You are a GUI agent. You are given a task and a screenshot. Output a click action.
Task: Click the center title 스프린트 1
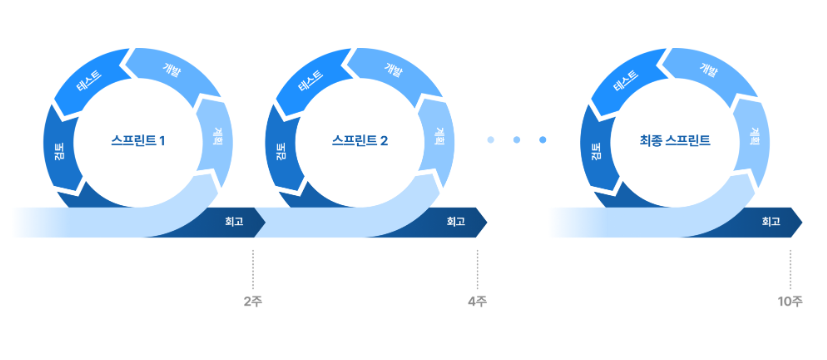(138, 141)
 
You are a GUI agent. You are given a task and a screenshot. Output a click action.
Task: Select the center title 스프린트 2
(360, 141)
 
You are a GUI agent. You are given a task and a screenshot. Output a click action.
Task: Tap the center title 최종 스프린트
(675, 141)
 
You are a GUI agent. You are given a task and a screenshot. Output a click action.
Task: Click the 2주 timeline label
(253, 302)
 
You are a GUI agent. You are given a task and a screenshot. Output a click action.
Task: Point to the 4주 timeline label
(477, 302)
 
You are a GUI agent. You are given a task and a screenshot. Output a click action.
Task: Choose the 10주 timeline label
(790, 302)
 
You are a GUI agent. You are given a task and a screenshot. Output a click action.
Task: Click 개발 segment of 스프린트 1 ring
(173, 69)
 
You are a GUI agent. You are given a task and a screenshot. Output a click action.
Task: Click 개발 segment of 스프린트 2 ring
(395, 69)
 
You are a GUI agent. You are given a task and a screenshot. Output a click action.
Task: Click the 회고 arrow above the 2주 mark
(232, 222)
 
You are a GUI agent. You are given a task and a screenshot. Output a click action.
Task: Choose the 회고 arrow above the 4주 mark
(455, 222)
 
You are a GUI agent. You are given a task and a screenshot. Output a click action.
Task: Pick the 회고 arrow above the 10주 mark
(770, 222)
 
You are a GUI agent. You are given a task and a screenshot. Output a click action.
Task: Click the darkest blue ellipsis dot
(543, 140)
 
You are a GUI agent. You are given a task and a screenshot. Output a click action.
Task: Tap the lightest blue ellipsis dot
(491, 140)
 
